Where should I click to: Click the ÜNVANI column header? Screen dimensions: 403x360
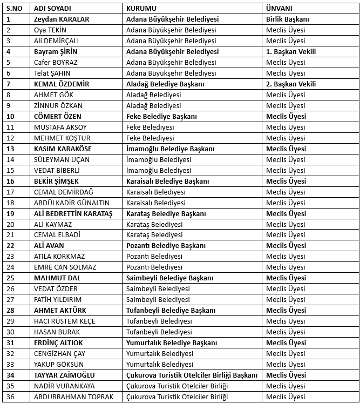tap(280, 9)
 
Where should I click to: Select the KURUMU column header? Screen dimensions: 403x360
tap(141, 9)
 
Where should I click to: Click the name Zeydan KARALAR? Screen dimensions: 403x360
tap(62, 19)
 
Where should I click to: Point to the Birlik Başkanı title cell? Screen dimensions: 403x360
tap(288, 19)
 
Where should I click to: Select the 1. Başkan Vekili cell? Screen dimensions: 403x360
tap(291, 52)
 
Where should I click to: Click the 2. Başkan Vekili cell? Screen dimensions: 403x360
tap(291, 84)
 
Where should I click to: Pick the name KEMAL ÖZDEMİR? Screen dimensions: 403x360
tap(61, 84)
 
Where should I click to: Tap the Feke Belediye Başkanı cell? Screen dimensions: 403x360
tap(161, 117)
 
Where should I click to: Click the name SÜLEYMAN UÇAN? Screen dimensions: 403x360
tap(61, 159)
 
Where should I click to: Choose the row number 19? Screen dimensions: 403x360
tap(10, 213)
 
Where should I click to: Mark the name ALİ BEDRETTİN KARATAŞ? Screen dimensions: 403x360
tap(73, 213)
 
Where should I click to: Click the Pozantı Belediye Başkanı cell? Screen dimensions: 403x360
tap(166, 246)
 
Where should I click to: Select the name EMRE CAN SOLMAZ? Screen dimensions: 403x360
tap(65, 267)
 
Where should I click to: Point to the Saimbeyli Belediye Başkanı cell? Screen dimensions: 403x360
tap(170, 278)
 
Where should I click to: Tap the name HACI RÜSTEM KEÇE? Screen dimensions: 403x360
tap(64, 321)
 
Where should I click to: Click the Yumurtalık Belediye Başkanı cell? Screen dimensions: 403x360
tap(171, 342)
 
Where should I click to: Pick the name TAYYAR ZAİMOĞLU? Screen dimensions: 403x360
tap(64, 375)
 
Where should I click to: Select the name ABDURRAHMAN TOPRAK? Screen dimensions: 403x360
tap(73, 397)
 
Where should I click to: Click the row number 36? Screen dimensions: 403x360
tap(10, 397)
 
